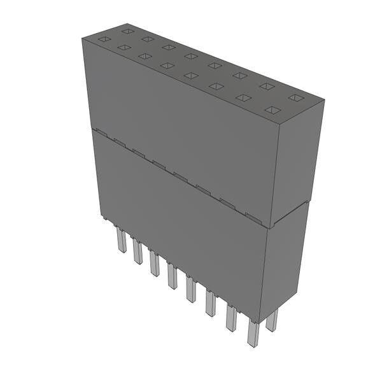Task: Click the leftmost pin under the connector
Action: [x=121, y=241]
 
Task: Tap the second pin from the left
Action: [x=138, y=252]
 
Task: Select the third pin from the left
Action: [x=154, y=264]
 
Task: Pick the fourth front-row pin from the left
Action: [x=172, y=276]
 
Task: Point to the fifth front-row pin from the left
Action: [x=190, y=290]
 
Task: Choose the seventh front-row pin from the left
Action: [x=231, y=318]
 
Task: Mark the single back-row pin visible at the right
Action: [x=272, y=320]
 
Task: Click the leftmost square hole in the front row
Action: [x=102, y=39]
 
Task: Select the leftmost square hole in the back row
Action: [x=127, y=31]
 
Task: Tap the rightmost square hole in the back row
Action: [x=295, y=97]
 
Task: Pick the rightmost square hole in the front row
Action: [x=272, y=110]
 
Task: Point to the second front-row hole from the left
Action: [x=124, y=47]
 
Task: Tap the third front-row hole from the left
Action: [x=145, y=56]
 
